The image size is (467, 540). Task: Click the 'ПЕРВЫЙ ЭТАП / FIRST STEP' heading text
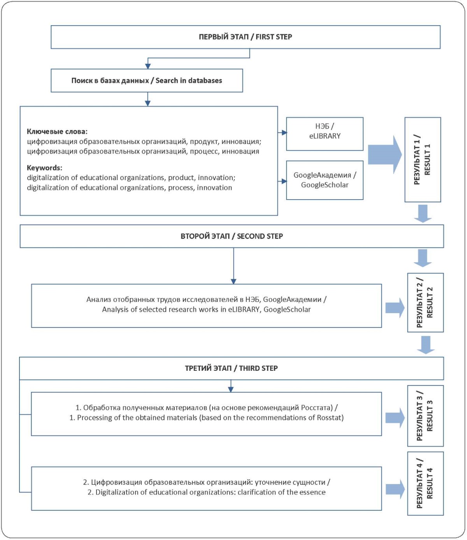pyautogui.click(x=246, y=37)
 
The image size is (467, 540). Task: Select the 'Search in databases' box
pyautogui.click(x=147, y=81)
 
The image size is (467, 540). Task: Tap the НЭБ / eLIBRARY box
pyautogui.click(x=325, y=134)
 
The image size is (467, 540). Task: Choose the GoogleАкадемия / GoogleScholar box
pyautogui.click(x=325, y=180)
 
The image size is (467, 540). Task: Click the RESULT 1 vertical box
pyautogui.click(x=423, y=160)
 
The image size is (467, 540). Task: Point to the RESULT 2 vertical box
pyautogui.click(x=425, y=303)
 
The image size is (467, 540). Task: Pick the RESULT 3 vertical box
pyautogui.click(x=425, y=416)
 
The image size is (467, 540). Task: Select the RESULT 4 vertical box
pyautogui.click(x=425, y=483)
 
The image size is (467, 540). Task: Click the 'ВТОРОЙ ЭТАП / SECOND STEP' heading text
pyautogui.click(x=232, y=236)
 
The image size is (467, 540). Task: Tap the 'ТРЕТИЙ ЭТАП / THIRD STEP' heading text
pyautogui.click(x=231, y=368)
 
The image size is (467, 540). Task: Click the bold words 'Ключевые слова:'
pyautogui.click(x=57, y=131)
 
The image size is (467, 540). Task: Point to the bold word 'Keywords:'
pyautogui.click(x=44, y=167)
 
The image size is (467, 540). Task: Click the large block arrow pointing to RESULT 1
pyautogui.click(x=385, y=155)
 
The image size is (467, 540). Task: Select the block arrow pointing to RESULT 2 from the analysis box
pyautogui.click(x=395, y=308)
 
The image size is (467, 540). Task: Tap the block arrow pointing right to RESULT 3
pyautogui.click(x=395, y=418)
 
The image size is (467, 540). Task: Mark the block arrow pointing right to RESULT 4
pyautogui.click(x=395, y=489)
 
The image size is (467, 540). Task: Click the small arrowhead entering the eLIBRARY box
pyautogui.click(x=284, y=133)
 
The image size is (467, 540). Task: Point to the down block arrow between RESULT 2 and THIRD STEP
pyautogui.click(x=426, y=345)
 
